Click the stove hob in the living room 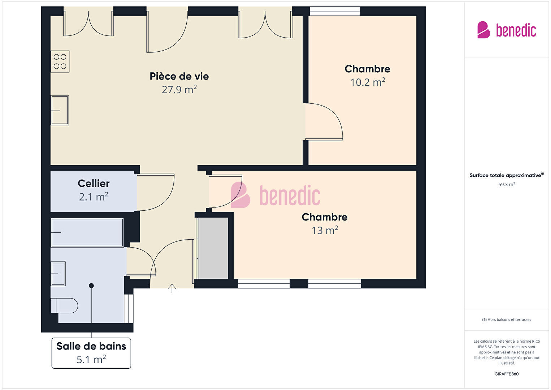pos(60,61)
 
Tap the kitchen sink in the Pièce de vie pos(60,110)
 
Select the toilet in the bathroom pos(64,305)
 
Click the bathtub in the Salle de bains pos(87,232)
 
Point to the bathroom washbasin pos(58,274)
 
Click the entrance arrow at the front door pos(172,288)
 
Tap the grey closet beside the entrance pos(213,248)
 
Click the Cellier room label pos(94,183)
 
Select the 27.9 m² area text pos(179,90)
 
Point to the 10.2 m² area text pos(368,82)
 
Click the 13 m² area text pos(325,231)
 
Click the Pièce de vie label pos(179,76)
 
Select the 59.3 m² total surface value pos(507,184)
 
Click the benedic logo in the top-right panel pos(507,30)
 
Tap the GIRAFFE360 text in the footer pos(507,374)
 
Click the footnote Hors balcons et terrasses pos(507,320)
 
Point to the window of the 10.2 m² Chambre pos(335,11)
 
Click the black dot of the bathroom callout pos(91,286)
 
